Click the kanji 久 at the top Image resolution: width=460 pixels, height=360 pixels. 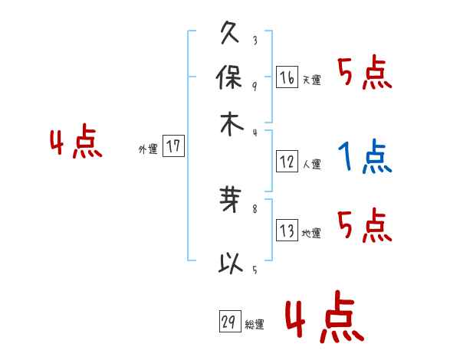231,35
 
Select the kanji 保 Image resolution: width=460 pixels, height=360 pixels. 231,78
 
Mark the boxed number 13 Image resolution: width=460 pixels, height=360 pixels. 287,231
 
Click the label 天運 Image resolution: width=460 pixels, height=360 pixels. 311,80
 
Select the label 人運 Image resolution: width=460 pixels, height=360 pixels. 311,165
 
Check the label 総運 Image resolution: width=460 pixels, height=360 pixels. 255,326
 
